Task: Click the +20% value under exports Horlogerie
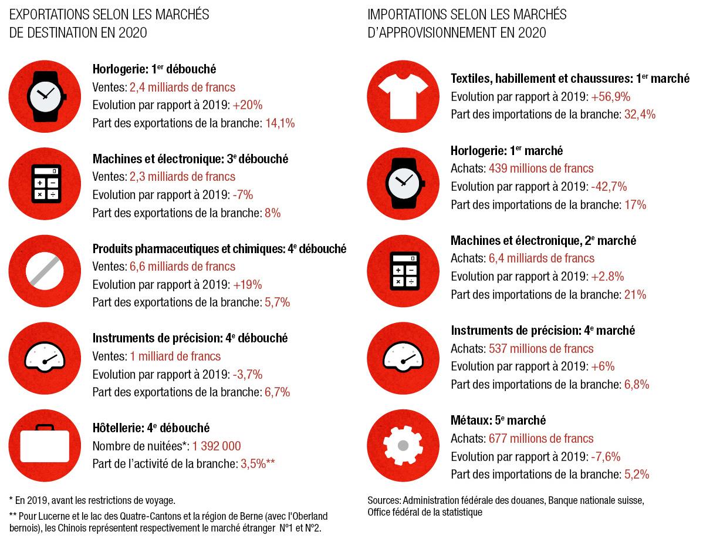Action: (247, 105)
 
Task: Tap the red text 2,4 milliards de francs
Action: (182, 88)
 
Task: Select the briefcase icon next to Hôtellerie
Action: (45, 446)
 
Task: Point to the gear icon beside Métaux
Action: (403, 446)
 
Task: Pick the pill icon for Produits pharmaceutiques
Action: (45, 272)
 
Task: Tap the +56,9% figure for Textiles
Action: (610, 97)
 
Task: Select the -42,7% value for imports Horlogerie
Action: (609, 187)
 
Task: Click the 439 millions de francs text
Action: (540, 169)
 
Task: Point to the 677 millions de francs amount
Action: (540, 438)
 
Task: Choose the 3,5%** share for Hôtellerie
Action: (258, 463)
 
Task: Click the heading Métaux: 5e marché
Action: (498, 420)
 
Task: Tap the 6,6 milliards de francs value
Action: (182, 267)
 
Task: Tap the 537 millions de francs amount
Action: (540, 348)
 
